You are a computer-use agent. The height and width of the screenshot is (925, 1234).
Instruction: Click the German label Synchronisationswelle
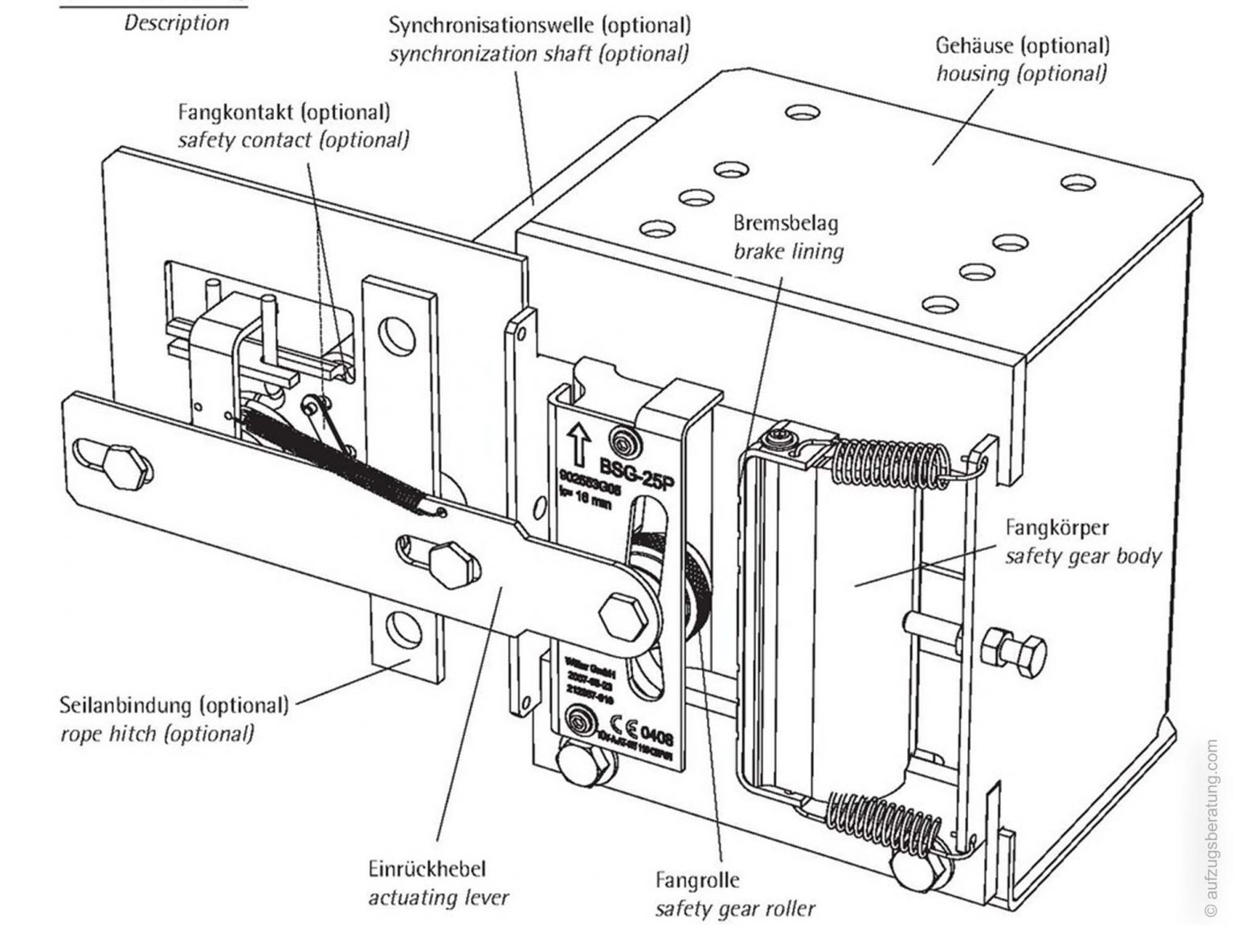(x=539, y=25)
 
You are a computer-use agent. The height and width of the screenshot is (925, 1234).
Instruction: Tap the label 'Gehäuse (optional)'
(x=1022, y=45)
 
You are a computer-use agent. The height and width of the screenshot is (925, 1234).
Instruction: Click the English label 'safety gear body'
(x=1083, y=556)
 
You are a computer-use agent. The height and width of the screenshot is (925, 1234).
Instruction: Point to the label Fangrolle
(x=697, y=880)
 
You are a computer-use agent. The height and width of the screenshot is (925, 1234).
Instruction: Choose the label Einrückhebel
(x=427, y=869)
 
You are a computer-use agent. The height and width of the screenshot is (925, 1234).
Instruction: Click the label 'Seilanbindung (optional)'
(x=174, y=706)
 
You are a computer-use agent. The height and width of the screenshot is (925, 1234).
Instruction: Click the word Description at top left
(x=176, y=22)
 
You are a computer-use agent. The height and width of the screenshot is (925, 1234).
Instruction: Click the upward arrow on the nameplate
(x=576, y=442)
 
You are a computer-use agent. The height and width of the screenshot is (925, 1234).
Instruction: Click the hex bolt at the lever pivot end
(x=619, y=615)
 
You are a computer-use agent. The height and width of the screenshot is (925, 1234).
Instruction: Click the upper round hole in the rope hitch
(x=396, y=333)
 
